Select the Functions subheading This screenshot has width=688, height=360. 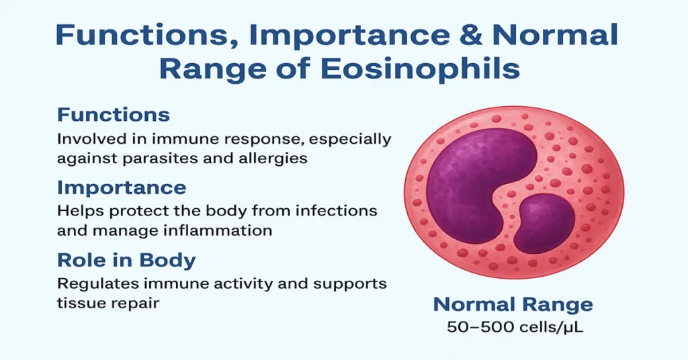[114, 115]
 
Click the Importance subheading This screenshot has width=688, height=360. [122, 187]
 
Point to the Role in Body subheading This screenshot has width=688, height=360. [126, 260]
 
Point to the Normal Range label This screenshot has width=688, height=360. [513, 304]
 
